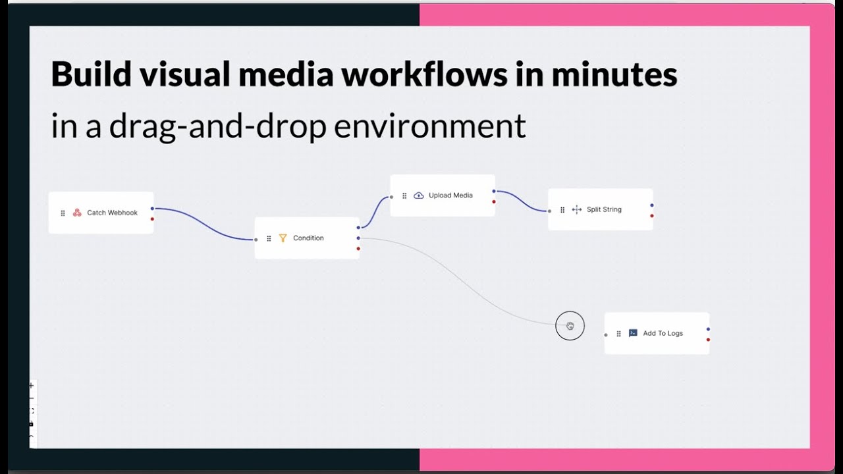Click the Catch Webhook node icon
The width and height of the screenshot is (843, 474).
[x=77, y=213]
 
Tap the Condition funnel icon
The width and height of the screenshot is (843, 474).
[x=283, y=238]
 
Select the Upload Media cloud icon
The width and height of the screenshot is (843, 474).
[x=418, y=196]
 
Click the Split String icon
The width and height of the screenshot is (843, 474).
[x=577, y=209]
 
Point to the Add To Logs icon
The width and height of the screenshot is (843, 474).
[x=633, y=333]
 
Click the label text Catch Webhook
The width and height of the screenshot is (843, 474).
[x=112, y=213]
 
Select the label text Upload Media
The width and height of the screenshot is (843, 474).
[x=450, y=196]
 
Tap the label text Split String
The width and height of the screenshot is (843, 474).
[x=604, y=209]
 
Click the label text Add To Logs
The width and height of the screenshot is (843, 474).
[x=663, y=333]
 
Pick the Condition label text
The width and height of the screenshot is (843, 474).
[x=308, y=238]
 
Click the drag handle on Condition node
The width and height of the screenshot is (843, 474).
[x=269, y=238]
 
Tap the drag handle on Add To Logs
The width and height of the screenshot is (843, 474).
[x=618, y=334]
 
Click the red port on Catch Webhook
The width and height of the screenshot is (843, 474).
[x=152, y=219]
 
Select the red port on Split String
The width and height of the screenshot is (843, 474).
[x=652, y=215]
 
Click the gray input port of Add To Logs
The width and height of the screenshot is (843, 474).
[x=606, y=335]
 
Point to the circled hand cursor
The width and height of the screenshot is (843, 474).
[x=570, y=326]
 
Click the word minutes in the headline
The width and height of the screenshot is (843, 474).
[x=614, y=74]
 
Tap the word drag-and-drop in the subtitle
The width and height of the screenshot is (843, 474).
[x=217, y=125]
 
